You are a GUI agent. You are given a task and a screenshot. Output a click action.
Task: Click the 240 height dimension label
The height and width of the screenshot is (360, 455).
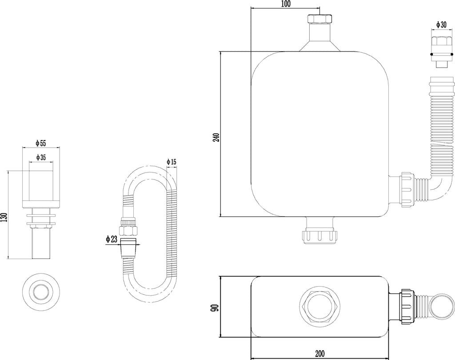(216, 137)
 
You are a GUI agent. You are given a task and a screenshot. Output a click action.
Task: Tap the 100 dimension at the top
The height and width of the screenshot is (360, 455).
(286, 4)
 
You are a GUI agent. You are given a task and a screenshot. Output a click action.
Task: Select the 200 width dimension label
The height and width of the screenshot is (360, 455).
(319, 354)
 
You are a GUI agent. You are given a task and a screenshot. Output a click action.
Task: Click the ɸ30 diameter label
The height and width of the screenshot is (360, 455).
(441, 25)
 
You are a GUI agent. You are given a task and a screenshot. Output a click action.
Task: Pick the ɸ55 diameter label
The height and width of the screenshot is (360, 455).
(41, 143)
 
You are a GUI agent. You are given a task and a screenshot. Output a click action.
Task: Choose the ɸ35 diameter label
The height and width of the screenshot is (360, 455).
(41, 158)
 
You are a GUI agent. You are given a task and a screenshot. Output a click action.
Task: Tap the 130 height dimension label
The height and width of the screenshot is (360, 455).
(4, 218)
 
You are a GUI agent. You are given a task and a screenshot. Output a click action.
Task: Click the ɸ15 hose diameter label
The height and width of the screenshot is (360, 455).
(172, 162)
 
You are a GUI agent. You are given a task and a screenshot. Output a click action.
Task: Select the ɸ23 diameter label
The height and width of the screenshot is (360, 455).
(112, 239)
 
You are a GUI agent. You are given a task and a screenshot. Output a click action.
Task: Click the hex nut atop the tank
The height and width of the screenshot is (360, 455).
(319, 19)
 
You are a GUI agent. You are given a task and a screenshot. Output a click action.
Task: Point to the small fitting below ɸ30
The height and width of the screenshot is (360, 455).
(442, 52)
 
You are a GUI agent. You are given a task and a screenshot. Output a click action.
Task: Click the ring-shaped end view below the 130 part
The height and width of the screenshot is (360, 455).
(41, 291)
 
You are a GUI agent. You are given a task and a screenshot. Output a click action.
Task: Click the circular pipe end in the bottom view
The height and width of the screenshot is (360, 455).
(442, 307)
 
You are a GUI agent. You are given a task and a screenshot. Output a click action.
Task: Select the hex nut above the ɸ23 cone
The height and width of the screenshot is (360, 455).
(128, 231)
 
